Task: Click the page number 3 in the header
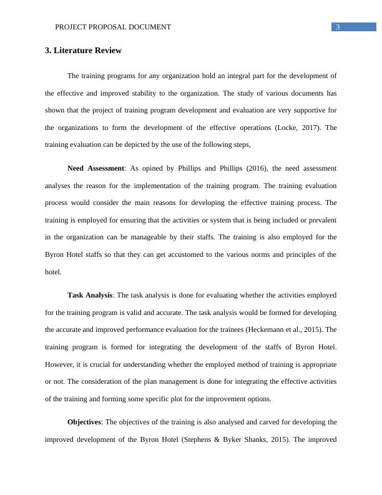click(338, 27)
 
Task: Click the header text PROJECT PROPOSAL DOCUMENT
click(113, 27)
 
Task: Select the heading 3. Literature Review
click(83, 50)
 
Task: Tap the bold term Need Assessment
click(95, 168)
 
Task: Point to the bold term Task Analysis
click(90, 295)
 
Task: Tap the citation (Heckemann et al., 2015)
click(288, 329)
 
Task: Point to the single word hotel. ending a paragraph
click(54, 272)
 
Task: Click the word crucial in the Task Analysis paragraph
click(110, 362)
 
